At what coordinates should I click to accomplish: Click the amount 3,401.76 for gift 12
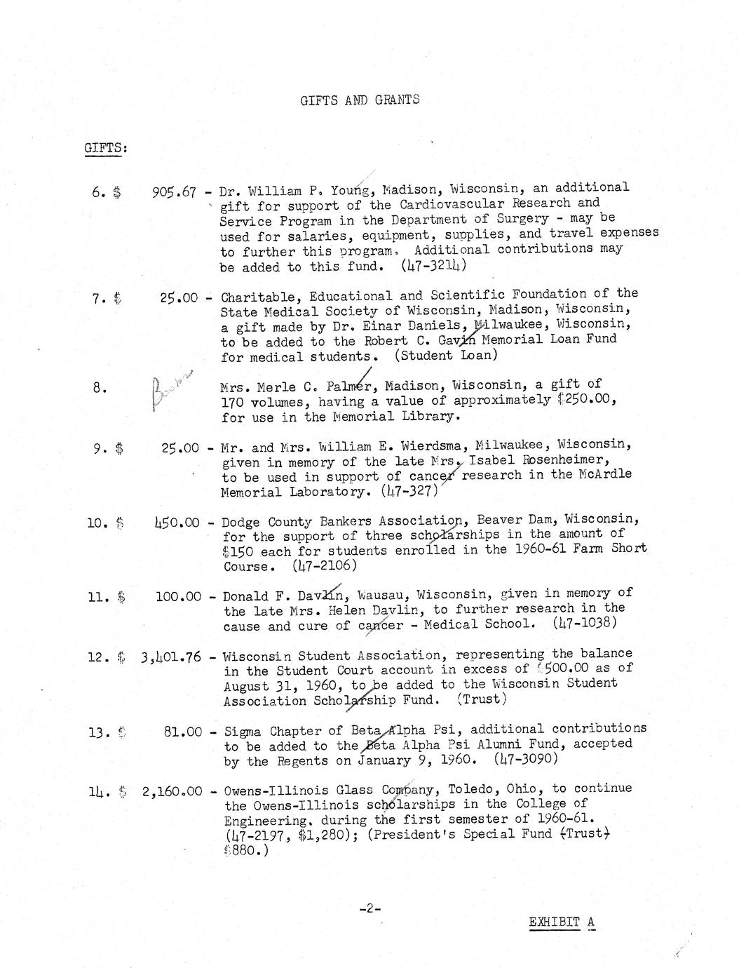click(x=170, y=657)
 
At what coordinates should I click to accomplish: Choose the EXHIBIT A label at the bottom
click(x=562, y=922)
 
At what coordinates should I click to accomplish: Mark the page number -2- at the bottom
click(x=369, y=909)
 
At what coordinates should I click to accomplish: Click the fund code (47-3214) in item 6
click(x=434, y=266)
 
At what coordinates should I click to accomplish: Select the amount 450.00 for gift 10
click(x=177, y=523)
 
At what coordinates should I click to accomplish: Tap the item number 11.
click(x=98, y=598)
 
